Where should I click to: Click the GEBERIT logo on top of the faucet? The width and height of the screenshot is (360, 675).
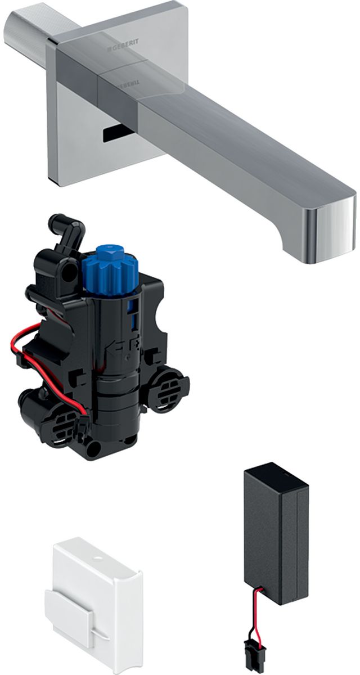[x=125, y=50]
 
